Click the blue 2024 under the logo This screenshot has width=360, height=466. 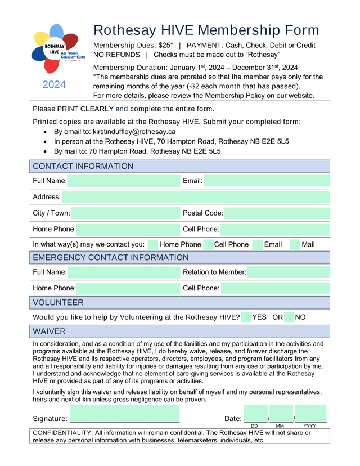[x=54, y=85]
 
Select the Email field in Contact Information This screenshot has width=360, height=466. [x=266, y=181]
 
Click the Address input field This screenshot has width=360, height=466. [x=196, y=197]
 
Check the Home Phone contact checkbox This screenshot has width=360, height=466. [x=153, y=244]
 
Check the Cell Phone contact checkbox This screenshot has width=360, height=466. [x=208, y=244]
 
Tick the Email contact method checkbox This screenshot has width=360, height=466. [x=258, y=244]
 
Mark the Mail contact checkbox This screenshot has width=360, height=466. [x=295, y=244]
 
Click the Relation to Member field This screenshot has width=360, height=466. [x=288, y=272]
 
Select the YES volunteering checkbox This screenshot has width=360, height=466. [x=246, y=317]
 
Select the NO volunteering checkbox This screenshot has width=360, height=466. [x=290, y=317]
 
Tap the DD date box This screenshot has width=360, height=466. [x=255, y=413]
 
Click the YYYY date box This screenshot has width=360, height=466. [x=310, y=413]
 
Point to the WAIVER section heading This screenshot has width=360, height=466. [x=49, y=331]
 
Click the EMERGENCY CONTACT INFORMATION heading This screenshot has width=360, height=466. [x=111, y=258]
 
